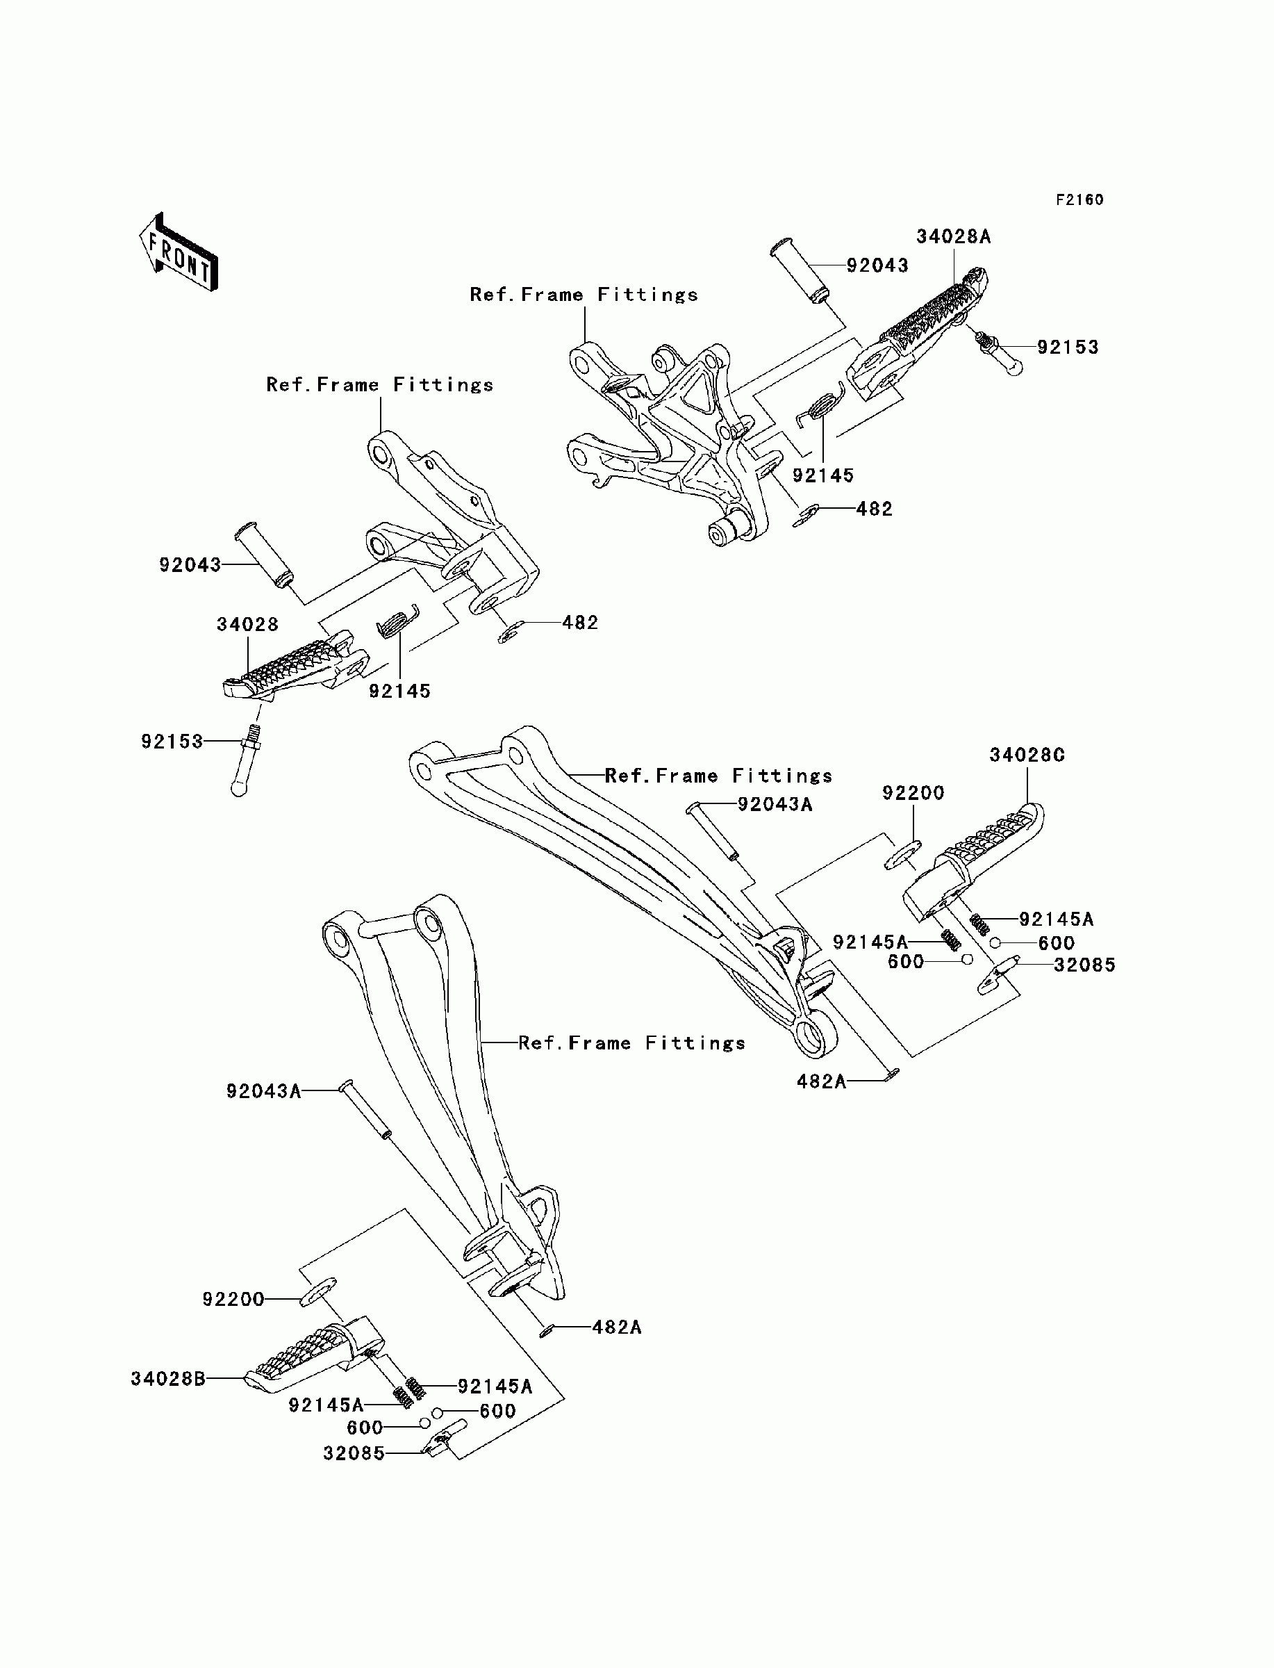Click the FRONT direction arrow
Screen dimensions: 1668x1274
(x=179, y=252)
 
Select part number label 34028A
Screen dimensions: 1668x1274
(x=953, y=237)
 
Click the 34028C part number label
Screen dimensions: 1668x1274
(x=1027, y=755)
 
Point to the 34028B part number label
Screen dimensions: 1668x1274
(x=167, y=1378)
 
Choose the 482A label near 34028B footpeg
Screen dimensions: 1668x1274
(x=617, y=1327)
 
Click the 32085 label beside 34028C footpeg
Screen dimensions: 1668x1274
(x=1084, y=965)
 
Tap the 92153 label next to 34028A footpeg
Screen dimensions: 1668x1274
(x=1068, y=347)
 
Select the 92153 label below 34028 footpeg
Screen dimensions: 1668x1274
(x=172, y=741)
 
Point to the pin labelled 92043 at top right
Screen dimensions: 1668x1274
(x=800, y=272)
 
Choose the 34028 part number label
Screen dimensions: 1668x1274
(x=247, y=624)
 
